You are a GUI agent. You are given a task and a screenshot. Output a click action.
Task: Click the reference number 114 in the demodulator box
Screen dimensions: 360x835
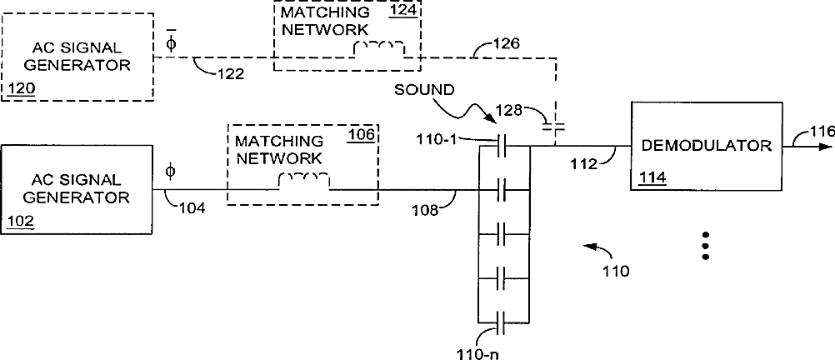650,177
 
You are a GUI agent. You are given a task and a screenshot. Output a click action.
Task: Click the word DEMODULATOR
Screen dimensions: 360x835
707,145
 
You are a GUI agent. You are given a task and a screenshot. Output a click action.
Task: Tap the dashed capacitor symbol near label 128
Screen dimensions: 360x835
553,126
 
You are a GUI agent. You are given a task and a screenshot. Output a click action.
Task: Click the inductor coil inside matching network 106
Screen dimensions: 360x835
303,179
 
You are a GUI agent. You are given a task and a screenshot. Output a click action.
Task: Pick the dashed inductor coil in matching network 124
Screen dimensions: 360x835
379,47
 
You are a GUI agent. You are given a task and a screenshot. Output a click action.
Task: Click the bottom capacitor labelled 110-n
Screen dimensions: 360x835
503,320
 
